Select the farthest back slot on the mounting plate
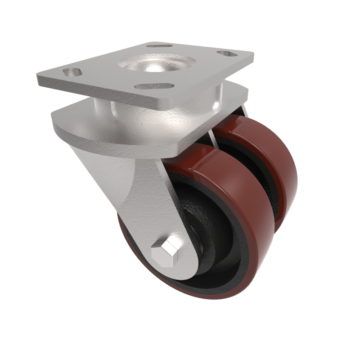(x=160, y=46)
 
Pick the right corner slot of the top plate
(x=228, y=54)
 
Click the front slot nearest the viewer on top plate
(x=154, y=85)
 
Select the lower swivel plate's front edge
(x=117, y=135)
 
